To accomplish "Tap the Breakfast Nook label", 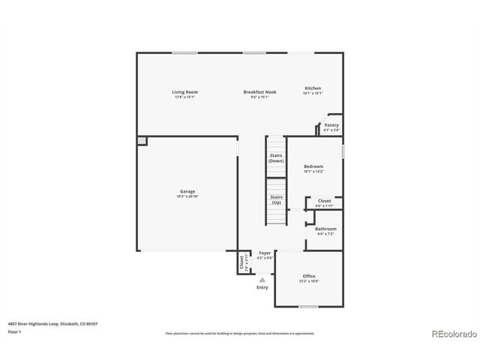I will [x=259, y=92].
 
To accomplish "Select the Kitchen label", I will [x=312, y=88].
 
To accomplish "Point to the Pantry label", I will [x=331, y=125].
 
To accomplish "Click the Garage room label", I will [x=187, y=191].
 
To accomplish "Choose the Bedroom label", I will [x=313, y=166].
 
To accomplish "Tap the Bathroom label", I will [x=325, y=229].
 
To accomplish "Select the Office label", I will [x=309, y=276].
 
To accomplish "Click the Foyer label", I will [x=265, y=253].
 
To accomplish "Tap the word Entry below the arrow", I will [x=262, y=287].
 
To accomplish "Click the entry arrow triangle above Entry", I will [x=262, y=279].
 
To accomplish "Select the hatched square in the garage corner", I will [x=142, y=140].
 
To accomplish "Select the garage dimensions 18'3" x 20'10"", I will [x=187, y=196].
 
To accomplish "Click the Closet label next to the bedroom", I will [x=324, y=201].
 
